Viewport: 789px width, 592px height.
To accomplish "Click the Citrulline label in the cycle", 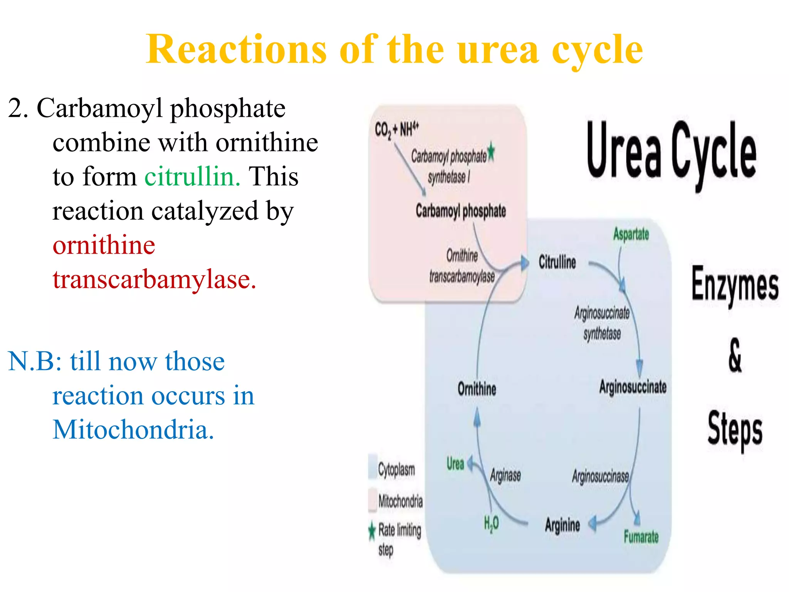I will click(x=557, y=262).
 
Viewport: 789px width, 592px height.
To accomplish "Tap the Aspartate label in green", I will click(x=631, y=234).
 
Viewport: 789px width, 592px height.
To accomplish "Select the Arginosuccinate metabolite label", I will click(x=633, y=387).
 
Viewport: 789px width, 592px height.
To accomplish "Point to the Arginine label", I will click(x=562, y=525).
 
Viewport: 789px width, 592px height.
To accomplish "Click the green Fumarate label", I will click(x=641, y=536).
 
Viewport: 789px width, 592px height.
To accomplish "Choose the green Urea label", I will click(x=455, y=464).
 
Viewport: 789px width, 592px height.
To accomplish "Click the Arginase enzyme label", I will click(x=505, y=475).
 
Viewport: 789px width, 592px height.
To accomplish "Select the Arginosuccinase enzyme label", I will click(x=600, y=477).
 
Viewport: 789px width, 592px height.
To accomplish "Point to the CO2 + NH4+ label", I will click(x=396, y=129).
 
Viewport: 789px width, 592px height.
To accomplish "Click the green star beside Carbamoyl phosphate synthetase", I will click(x=491, y=152).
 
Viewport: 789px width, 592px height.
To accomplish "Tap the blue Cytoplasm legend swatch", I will click(x=373, y=467).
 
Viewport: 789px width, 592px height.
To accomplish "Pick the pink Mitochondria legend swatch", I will click(x=373, y=499).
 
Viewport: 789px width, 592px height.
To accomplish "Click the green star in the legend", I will click(x=372, y=531).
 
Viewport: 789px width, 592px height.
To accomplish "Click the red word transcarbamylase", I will click(x=154, y=279).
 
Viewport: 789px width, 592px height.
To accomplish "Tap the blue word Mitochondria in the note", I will click(x=133, y=429).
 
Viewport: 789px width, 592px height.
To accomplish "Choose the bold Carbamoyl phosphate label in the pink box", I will click(x=461, y=211).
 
